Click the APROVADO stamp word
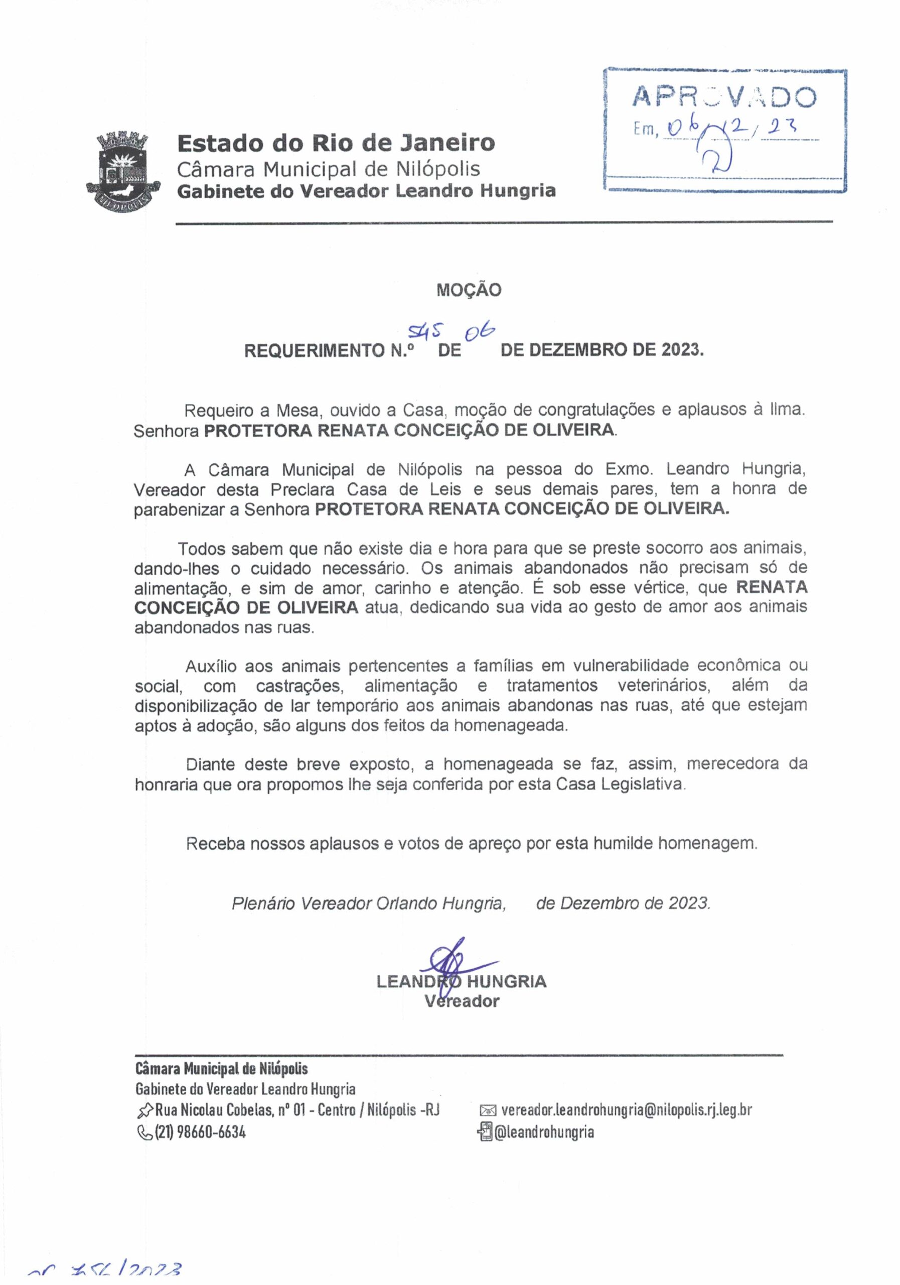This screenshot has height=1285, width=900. pyautogui.click(x=724, y=97)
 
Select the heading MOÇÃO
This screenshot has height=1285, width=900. pyautogui.click(x=469, y=290)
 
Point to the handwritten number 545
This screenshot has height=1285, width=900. pyautogui.click(x=425, y=334)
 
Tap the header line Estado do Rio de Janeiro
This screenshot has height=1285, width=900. pyautogui.click(x=336, y=143)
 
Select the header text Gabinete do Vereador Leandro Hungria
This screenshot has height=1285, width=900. pyautogui.click(x=366, y=191)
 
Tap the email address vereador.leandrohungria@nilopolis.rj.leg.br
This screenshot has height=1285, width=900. pyautogui.click(x=626, y=1109)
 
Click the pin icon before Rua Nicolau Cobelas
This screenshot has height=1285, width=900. pyautogui.click(x=145, y=1109)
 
